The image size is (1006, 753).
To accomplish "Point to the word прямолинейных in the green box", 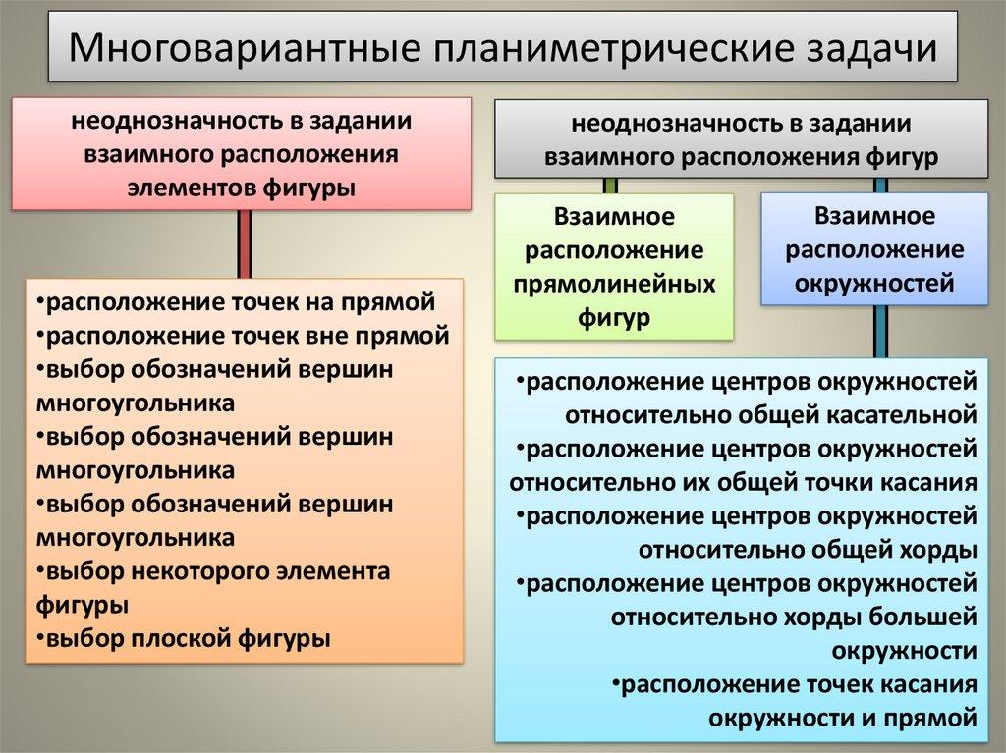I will (x=614, y=283).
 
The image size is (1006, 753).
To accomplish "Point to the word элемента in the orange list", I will (x=348, y=570).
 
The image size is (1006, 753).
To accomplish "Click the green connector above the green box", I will (x=610, y=185).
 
